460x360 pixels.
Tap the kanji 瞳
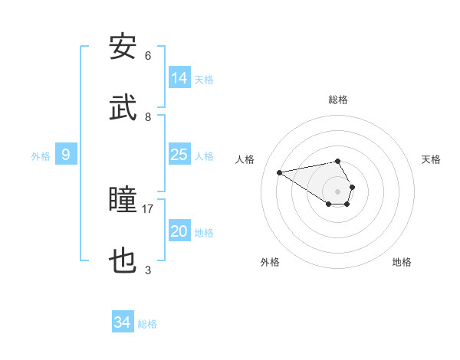(x=123, y=201)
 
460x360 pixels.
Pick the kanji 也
(x=123, y=262)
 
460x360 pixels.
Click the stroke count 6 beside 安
(x=148, y=55)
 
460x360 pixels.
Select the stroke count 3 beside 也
(x=148, y=270)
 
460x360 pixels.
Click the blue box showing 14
(x=179, y=77)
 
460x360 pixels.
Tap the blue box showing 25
(x=179, y=155)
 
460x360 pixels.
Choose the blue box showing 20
(x=179, y=231)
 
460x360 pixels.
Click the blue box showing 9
(x=66, y=155)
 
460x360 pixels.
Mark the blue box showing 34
(x=122, y=322)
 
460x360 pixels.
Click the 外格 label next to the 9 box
(x=41, y=155)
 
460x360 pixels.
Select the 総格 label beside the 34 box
(x=147, y=323)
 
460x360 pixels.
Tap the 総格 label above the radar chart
(x=338, y=100)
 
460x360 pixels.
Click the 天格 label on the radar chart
(x=431, y=159)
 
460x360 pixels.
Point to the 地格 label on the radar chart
(x=402, y=262)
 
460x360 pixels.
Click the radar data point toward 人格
(x=280, y=172)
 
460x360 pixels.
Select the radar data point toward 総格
(x=338, y=161)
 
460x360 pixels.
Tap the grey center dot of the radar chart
(x=338, y=191)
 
